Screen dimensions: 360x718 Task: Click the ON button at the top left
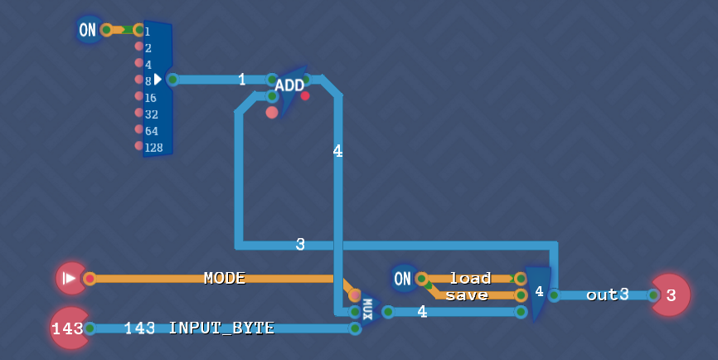click(x=87, y=31)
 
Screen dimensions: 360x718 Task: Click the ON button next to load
click(x=402, y=279)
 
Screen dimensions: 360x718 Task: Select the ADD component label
click(x=289, y=85)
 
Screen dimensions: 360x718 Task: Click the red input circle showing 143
click(x=67, y=328)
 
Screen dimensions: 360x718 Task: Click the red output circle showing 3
click(x=671, y=295)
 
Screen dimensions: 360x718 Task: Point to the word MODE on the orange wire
click(x=225, y=278)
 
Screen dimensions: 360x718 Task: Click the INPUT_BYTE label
click(x=221, y=328)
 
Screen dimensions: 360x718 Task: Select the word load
click(x=470, y=278)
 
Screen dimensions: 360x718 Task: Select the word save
click(x=467, y=295)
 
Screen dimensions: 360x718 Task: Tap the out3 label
click(x=608, y=294)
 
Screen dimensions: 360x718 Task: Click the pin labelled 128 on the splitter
click(x=139, y=146)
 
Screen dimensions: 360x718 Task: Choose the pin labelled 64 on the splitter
click(x=139, y=129)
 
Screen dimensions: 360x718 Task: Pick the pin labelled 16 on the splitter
click(x=139, y=96)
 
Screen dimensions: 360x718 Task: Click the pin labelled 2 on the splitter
click(x=139, y=46)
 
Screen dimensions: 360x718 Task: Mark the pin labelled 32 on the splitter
click(x=139, y=113)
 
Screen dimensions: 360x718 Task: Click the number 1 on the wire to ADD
click(x=241, y=80)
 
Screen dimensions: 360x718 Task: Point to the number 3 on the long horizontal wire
click(x=300, y=245)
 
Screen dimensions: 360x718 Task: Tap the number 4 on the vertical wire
click(x=337, y=151)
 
